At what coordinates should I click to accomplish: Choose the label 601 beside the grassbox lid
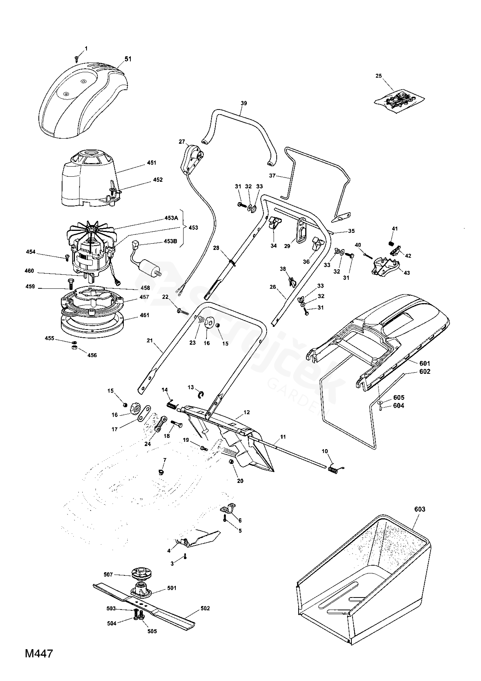coord(425,363)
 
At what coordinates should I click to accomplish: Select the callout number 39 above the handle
coord(244,103)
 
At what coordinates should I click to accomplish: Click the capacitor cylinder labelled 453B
coord(149,268)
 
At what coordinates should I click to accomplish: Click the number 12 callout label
coord(247,412)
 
